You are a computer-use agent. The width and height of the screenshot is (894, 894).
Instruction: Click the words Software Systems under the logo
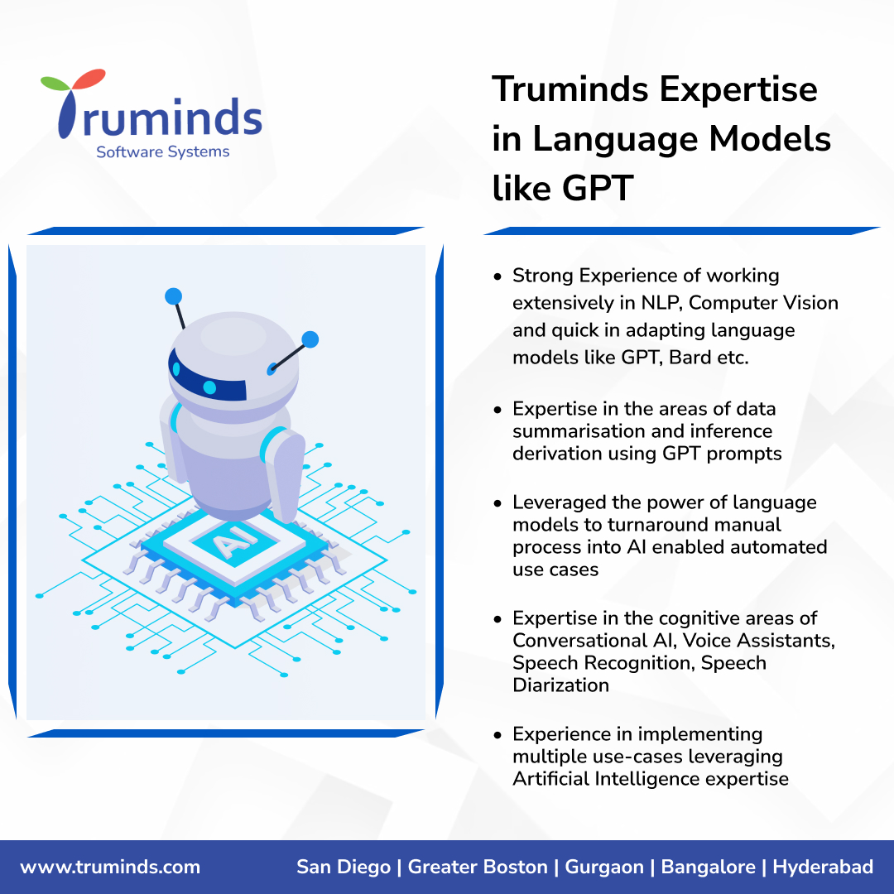coord(162,152)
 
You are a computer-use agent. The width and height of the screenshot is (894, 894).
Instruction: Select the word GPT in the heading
coord(597,189)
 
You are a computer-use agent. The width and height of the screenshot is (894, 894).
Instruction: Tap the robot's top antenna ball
coord(173,296)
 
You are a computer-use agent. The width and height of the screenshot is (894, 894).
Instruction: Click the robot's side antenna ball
coord(310,339)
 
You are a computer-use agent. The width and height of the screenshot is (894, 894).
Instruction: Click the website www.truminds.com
coord(110,868)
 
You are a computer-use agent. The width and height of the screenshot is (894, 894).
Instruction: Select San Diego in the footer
coord(344,868)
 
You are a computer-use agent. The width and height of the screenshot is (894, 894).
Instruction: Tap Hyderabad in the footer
coord(823,868)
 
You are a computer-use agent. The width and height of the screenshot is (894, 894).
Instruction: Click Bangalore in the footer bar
coord(708,868)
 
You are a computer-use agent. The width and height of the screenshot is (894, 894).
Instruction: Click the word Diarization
coord(560,685)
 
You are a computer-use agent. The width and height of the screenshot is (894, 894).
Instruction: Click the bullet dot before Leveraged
coord(497,503)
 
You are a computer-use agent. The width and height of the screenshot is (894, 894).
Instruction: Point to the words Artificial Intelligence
coord(606,779)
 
